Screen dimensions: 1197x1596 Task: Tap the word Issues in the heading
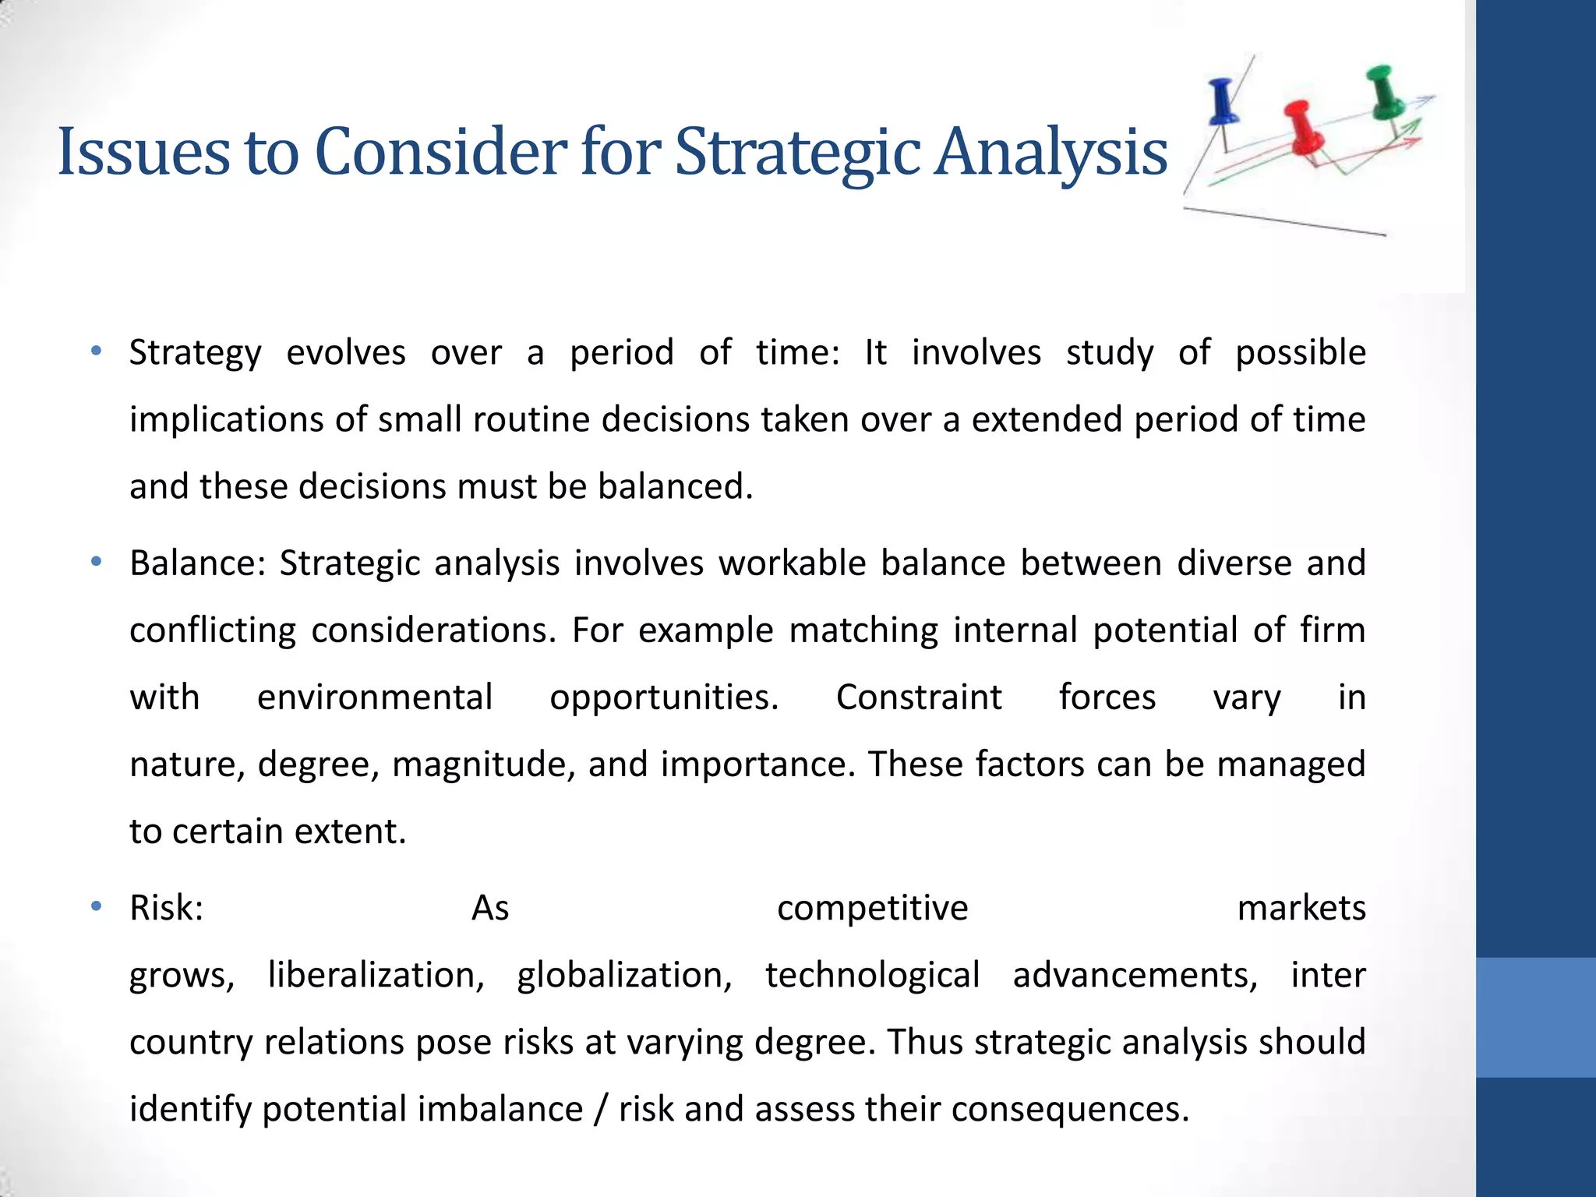point(143,152)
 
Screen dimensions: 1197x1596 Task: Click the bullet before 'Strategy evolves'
point(96,351)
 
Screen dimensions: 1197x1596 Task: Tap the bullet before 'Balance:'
point(96,562)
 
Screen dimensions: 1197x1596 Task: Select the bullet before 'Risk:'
point(96,906)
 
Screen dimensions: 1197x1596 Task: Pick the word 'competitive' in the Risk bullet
point(872,908)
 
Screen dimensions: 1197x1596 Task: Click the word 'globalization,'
point(624,975)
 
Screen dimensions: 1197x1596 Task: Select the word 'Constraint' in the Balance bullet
point(919,697)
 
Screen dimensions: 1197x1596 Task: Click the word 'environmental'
point(375,697)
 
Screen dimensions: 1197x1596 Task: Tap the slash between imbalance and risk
point(600,1110)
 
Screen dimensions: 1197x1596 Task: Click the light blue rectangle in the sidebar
point(1535,1017)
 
